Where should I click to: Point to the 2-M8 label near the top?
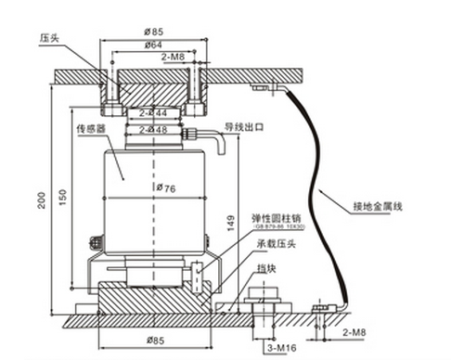pyautogui.click(x=174, y=57)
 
